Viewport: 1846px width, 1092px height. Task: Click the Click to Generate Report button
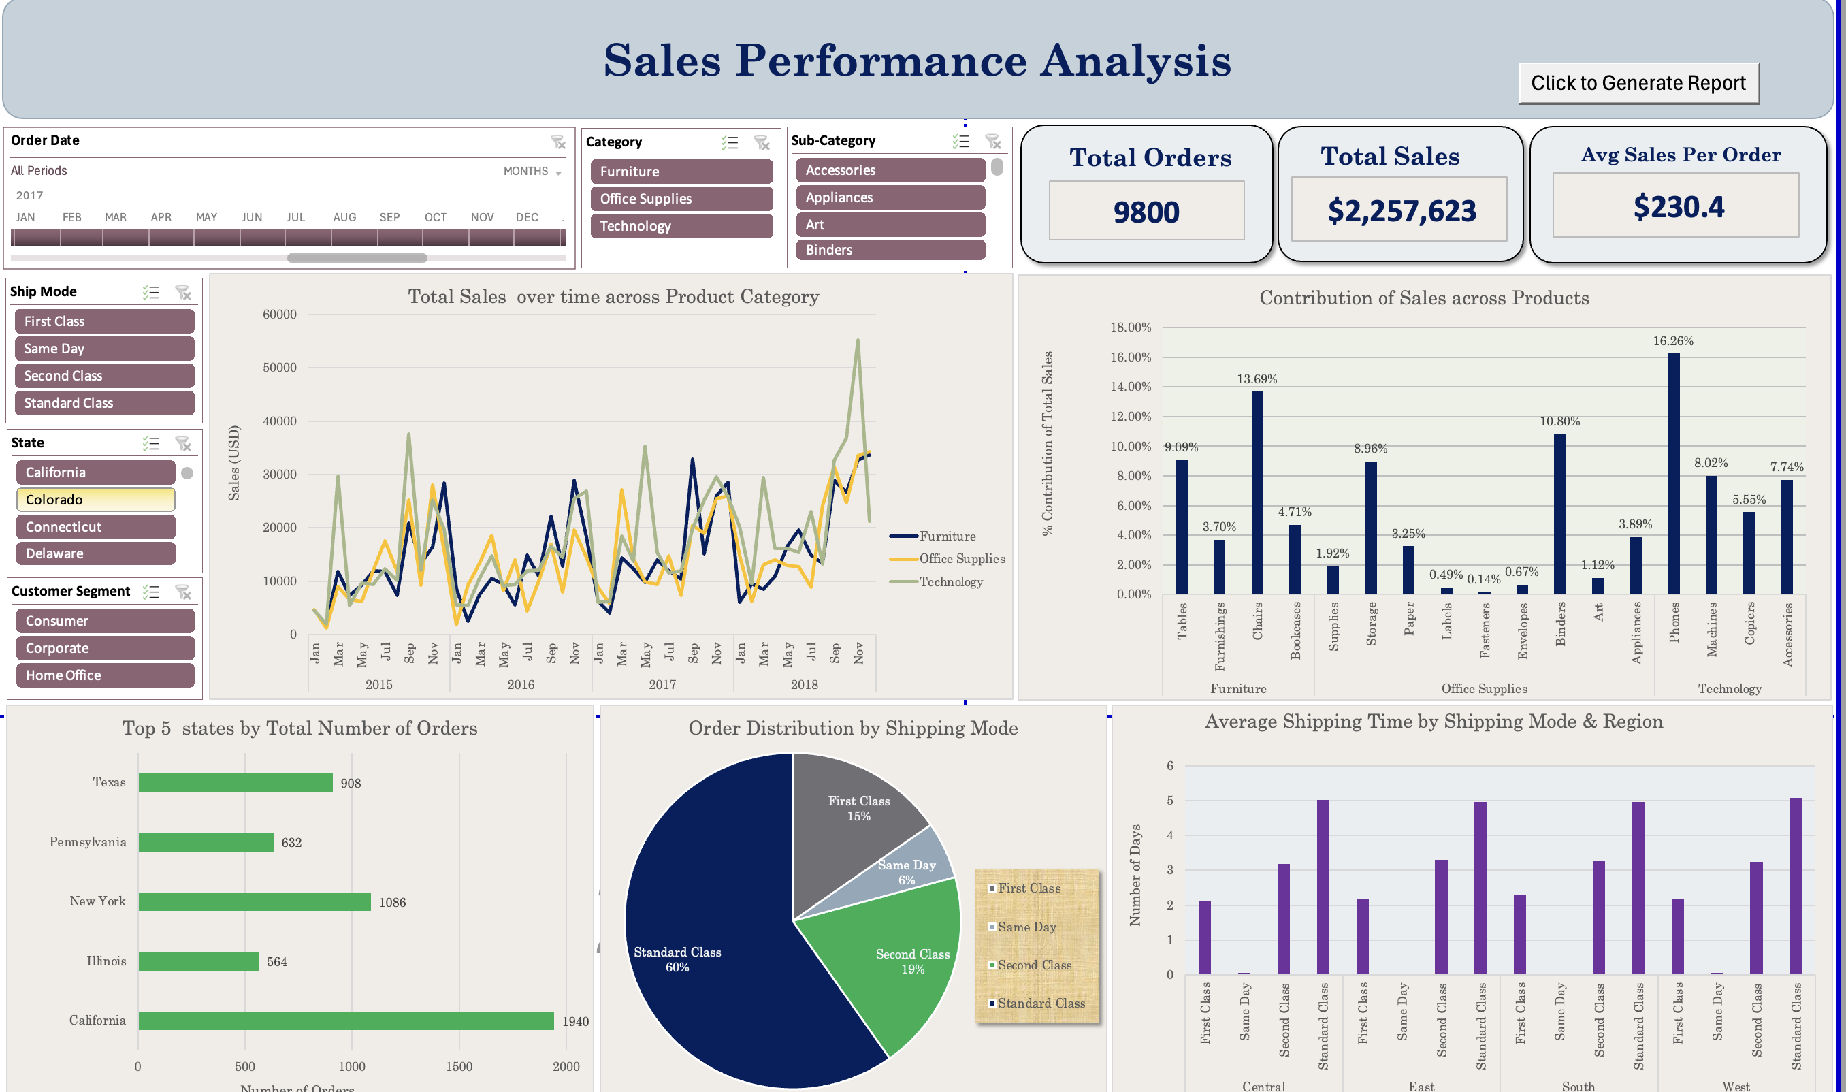pos(1638,83)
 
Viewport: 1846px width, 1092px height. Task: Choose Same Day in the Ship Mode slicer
pos(103,348)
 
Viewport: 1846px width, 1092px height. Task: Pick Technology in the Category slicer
pos(681,226)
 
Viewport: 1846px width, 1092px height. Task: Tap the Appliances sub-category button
pos(890,197)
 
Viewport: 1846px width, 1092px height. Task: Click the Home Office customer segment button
pos(104,675)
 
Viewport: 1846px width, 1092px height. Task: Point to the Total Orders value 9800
pos(1146,212)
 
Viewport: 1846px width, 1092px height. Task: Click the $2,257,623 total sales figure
pos(1401,210)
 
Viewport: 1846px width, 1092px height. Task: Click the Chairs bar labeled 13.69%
pos(1257,493)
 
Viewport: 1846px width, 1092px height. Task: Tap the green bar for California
pos(346,1021)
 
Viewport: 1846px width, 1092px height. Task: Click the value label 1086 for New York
pos(391,902)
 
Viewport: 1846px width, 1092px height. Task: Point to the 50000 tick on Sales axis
pos(280,367)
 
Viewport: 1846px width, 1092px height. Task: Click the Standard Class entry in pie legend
pos(1039,1003)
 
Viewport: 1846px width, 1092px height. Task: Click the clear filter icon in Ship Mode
pos(183,292)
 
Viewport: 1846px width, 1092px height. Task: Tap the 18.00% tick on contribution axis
pos(1130,327)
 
